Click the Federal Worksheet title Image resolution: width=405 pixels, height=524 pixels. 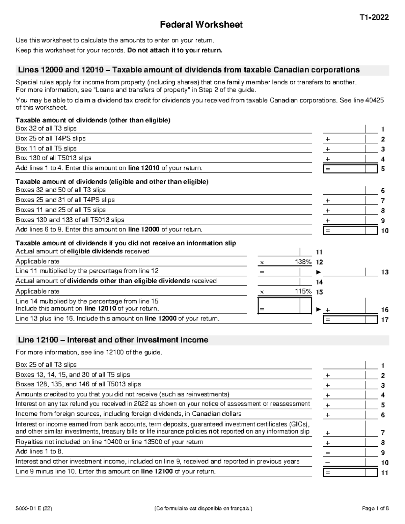click(201, 25)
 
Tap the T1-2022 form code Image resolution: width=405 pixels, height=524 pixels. click(374, 18)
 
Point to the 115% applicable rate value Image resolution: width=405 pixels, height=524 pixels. click(304, 291)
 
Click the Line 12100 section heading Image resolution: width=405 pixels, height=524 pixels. click(113, 340)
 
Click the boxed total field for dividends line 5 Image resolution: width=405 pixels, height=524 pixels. click(350, 169)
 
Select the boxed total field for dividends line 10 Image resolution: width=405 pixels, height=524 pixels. click(350, 230)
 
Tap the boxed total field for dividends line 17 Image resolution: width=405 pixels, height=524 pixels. click(350, 320)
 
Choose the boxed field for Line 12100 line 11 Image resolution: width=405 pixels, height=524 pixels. click(350, 472)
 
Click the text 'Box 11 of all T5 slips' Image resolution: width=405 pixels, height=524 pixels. click(46, 148)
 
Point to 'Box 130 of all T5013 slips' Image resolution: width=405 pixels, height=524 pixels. click(54, 158)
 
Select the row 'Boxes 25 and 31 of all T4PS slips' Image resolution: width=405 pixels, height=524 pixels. click(65, 200)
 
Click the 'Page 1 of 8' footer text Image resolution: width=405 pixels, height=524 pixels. click(375, 508)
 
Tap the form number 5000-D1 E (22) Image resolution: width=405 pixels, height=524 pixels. click(34, 508)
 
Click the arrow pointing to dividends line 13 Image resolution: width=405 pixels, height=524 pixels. click(318, 272)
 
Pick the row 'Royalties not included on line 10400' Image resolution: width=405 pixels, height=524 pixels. click(110, 442)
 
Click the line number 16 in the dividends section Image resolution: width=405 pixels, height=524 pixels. click(385, 310)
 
